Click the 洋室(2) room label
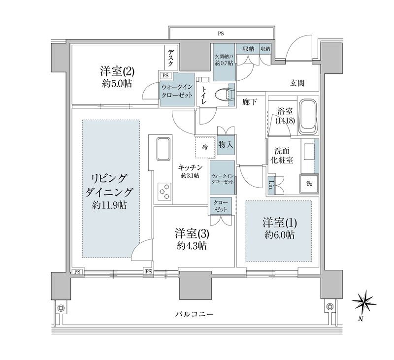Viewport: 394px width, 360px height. (114, 71)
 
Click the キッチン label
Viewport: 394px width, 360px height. (190, 166)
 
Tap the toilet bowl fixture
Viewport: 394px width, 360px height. (228, 94)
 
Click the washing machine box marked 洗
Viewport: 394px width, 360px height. (308, 184)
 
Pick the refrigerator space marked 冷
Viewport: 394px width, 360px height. (205, 146)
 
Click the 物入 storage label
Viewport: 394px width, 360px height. (226, 145)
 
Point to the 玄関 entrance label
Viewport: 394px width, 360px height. (296, 83)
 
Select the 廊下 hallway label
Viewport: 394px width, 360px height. (250, 101)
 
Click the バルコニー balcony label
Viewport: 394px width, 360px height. (195, 314)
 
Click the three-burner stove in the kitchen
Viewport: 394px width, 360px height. (164, 191)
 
